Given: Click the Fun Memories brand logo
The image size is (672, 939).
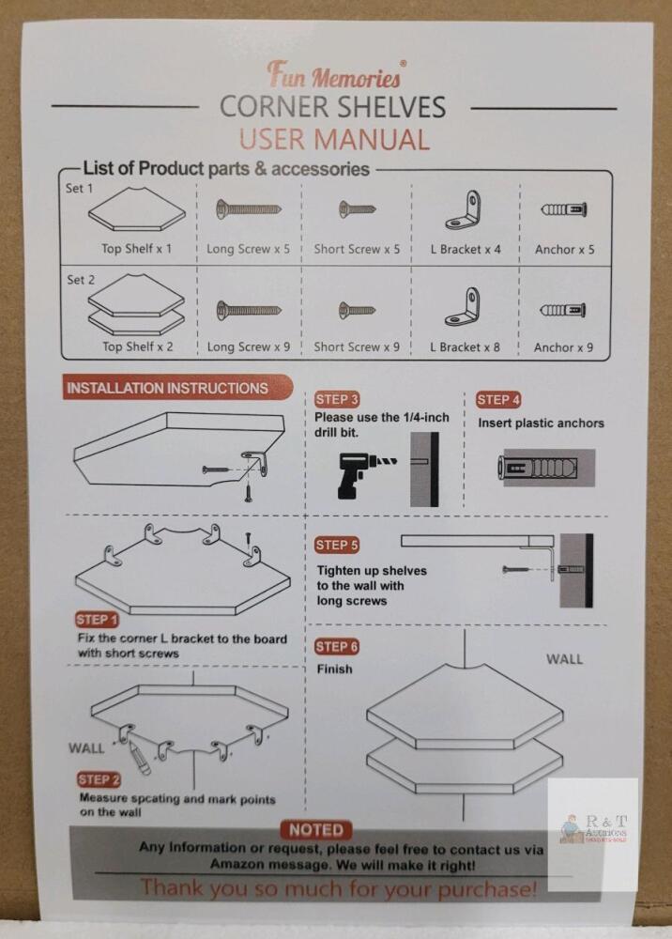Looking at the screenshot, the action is (336, 74).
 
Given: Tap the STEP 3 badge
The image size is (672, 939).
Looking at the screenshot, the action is (337, 399).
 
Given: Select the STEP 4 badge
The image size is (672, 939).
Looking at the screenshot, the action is (498, 399).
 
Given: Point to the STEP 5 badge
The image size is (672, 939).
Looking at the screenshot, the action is (337, 545).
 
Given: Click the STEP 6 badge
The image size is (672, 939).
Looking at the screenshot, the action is (337, 647).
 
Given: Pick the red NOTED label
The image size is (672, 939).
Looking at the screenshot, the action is (316, 830).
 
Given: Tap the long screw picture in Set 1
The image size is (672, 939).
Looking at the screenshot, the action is (249, 209).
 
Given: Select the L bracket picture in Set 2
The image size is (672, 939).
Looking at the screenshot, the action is (463, 307).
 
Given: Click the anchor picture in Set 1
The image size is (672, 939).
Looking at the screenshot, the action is (564, 209).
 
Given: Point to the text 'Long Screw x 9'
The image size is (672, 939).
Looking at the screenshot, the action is (249, 346).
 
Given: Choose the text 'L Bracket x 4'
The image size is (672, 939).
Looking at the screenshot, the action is (466, 249).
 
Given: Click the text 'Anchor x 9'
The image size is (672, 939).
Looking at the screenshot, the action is (564, 347).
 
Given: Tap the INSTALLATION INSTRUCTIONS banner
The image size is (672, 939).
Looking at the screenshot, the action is (177, 388).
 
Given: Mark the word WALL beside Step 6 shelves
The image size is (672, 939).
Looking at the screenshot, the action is (564, 659).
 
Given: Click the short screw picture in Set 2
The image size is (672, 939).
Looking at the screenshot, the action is (357, 310).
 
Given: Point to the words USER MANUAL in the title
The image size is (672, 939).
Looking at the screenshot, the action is (334, 140).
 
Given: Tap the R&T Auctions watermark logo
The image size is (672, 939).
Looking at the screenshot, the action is (593, 829).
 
